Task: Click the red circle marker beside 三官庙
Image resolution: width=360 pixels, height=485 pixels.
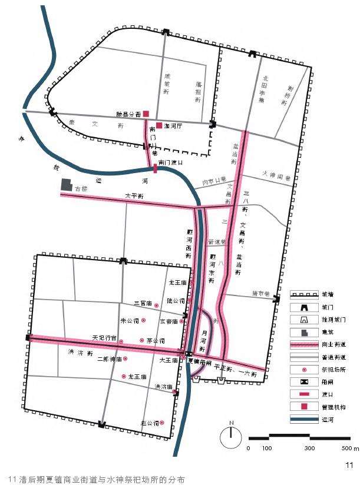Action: pyautogui.click(x=156, y=306)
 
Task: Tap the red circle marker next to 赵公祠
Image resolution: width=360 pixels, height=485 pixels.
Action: pyautogui.click(x=163, y=423)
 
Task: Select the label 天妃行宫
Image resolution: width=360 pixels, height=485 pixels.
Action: pyautogui.click(x=104, y=338)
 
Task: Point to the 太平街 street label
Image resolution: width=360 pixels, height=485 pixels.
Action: pyautogui.click(x=134, y=195)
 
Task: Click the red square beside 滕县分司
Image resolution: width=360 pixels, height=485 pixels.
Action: pyautogui.click(x=146, y=114)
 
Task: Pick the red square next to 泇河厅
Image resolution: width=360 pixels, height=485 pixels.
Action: pyautogui.click(x=158, y=125)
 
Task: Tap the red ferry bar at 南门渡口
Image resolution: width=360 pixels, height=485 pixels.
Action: pyautogui.click(x=155, y=169)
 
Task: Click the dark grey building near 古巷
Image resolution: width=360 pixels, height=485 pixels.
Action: pyautogui.click(x=67, y=184)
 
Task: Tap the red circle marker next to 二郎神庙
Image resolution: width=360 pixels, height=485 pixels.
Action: pyautogui.click(x=125, y=358)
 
